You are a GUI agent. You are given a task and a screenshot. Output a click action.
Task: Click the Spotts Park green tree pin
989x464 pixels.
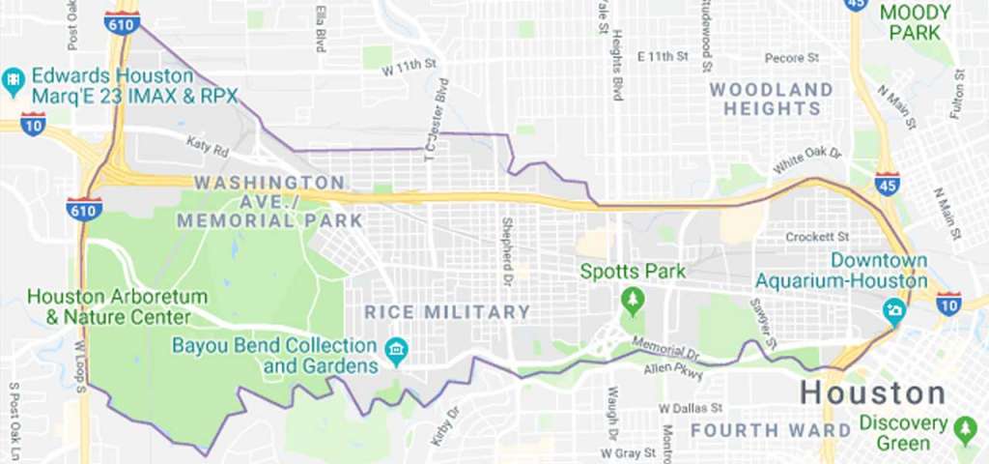click(633, 301)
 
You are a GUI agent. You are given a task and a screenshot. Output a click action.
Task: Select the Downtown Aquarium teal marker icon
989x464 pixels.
click(893, 311)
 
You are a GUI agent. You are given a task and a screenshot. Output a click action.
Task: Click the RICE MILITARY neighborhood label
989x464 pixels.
click(448, 312)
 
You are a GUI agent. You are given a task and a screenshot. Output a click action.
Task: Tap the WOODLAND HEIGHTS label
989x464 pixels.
click(771, 100)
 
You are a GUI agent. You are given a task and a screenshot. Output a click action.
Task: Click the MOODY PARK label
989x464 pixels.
click(915, 22)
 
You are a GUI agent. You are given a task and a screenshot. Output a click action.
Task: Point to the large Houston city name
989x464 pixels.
click(873, 393)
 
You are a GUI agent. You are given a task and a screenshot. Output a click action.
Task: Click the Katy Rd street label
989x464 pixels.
click(208, 147)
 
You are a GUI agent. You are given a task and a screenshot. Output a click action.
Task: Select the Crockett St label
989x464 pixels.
click(816, 236)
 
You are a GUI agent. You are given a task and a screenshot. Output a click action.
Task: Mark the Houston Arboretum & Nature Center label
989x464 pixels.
click(107, 305)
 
